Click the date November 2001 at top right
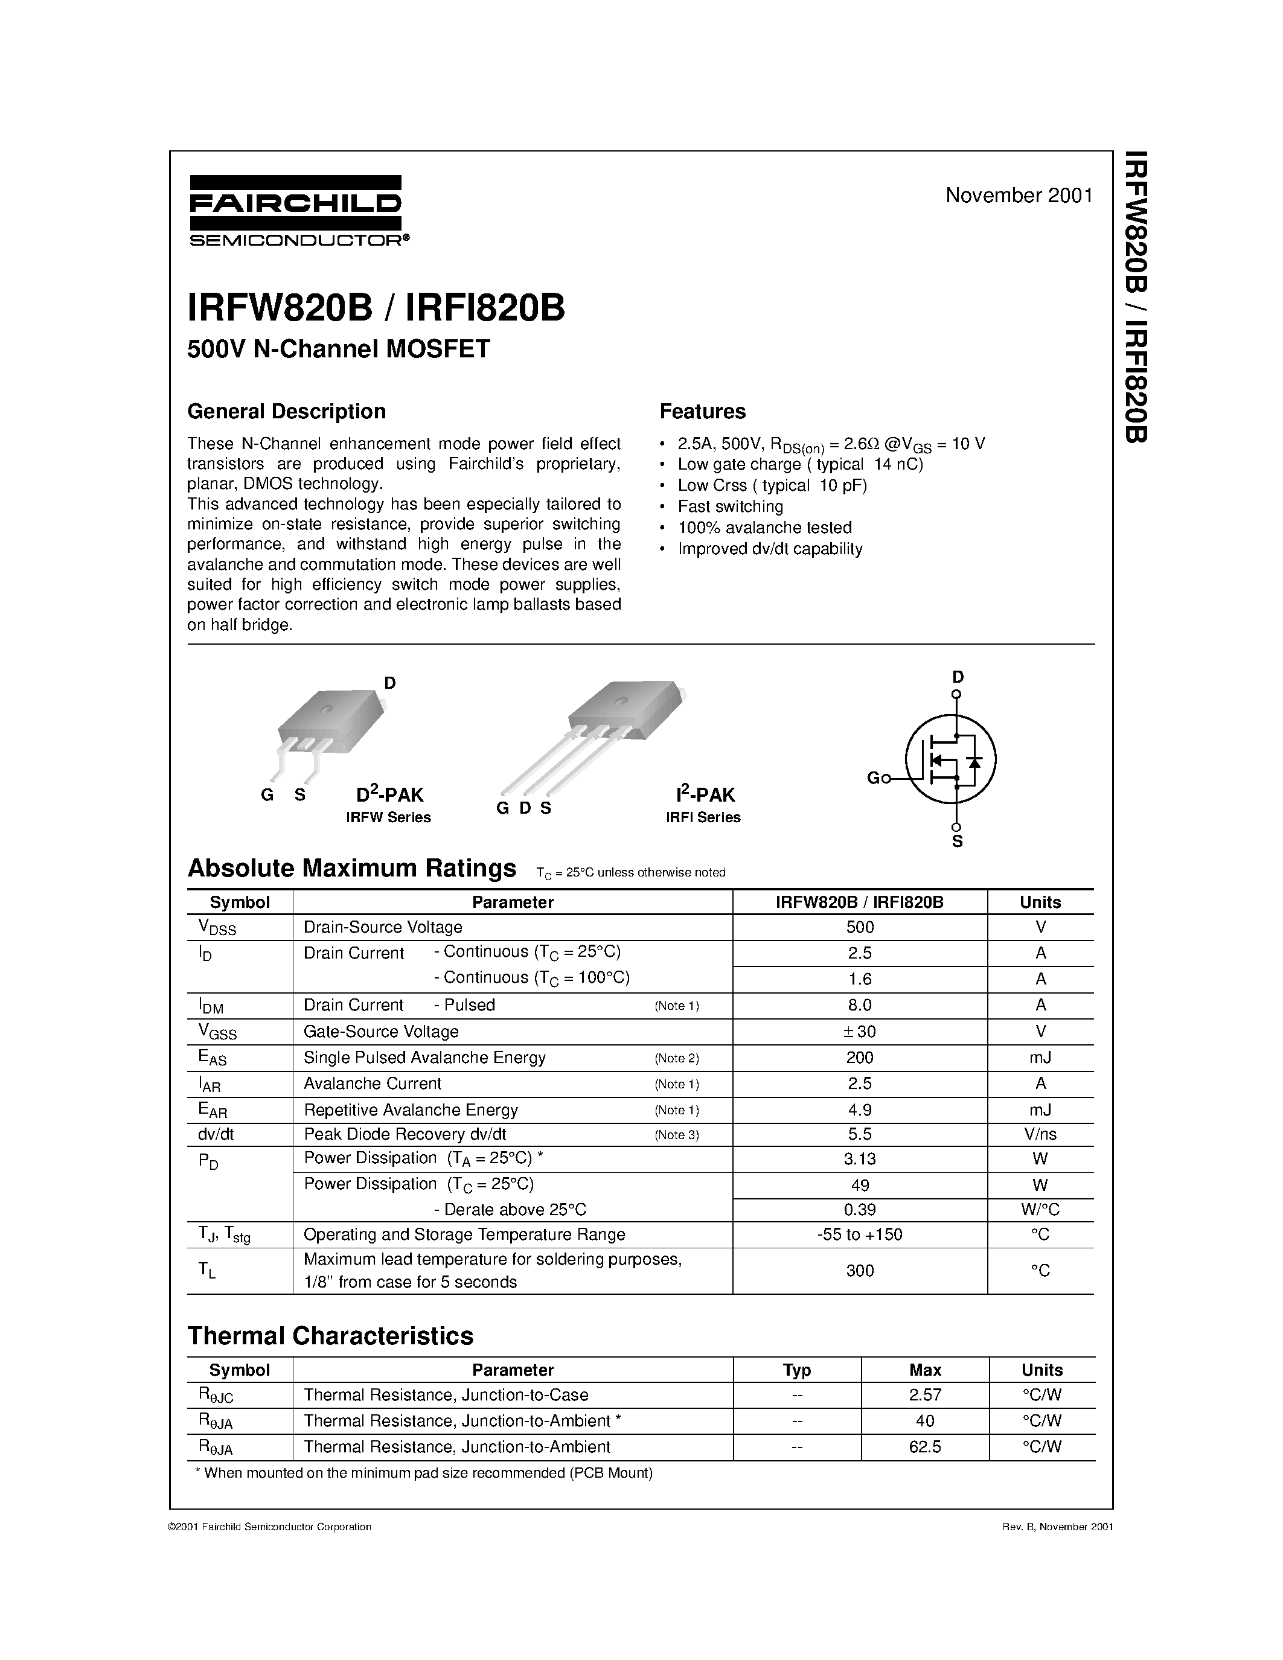(1019, 196)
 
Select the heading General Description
(287, 411)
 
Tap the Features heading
(702, 411)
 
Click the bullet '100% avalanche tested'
(764, 528)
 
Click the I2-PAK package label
(705, 795)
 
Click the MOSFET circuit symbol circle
(950, 759)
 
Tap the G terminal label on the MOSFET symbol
(873, 778)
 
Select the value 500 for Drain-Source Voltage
(860, 927)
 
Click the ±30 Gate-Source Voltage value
(860, 1032)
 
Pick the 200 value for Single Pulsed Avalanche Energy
(860, 1057)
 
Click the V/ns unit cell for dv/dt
(1040, 1134)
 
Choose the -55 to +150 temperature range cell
(860, 1234)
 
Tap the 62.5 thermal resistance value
(925, 1446)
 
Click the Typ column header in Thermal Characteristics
(796, 1370)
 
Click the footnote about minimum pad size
(424, 1473)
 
